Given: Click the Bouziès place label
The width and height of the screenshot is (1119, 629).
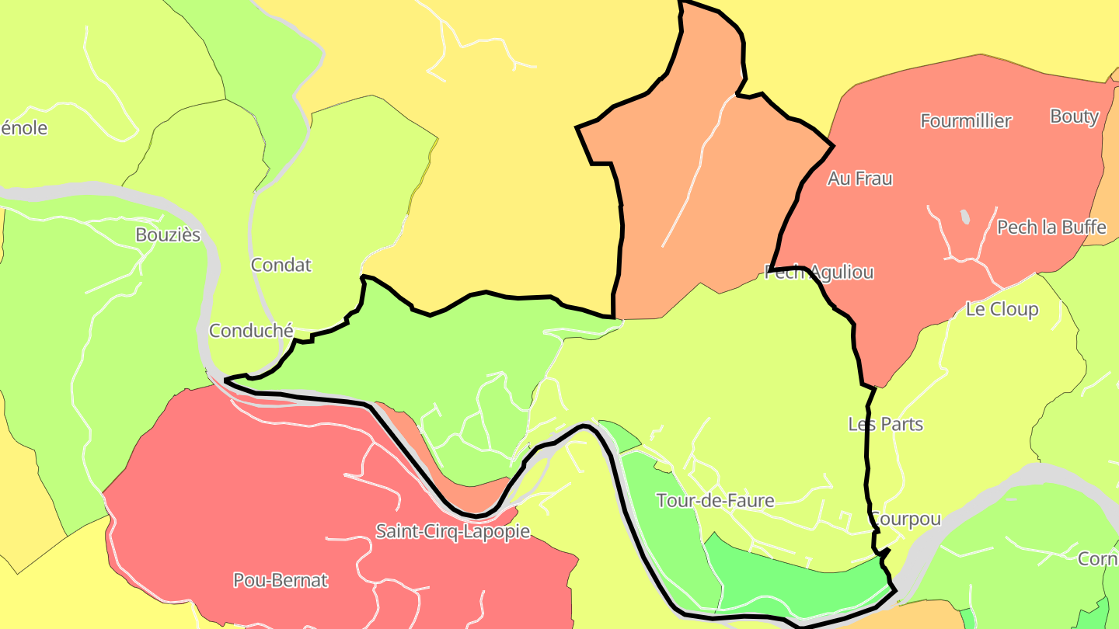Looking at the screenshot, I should pyautogui.click(x=168, y=235).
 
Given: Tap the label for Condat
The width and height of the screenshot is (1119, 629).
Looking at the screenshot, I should pyautogui.click(x=281, y=265).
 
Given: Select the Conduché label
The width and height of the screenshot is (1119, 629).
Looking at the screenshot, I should pyautogui.click(x=251, y=331).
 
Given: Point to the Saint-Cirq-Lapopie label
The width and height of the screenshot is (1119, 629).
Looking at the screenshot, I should pyautogui.click(x=452, y=531).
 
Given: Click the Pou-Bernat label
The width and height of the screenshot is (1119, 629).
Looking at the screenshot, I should pyautogui.click(x=281, y=580).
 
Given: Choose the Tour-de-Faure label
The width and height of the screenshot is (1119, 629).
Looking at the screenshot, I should pyautogui.click(x=715, y=501).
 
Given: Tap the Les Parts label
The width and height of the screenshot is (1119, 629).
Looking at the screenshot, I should pyautogui.click(x=885, y=424).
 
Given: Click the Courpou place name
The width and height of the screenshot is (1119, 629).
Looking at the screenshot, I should pyautogui.click(x=905, y=519).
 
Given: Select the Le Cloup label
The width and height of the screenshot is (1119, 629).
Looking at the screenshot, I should pyautogui.click(x=1002, y=309).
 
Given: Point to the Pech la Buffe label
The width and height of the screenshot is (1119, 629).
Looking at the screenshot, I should pyautogui.click(x=1051, y=228).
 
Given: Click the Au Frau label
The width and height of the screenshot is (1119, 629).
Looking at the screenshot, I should pyautogui.click(x=859, y=179).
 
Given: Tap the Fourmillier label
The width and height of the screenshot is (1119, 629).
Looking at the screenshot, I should pyautogui.click(x=966, y=121).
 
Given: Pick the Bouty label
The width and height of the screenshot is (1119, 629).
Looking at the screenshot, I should pyautogui.click(x=1074, y=116).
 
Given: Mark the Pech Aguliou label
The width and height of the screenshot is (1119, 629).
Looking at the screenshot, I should pyautogui.click(x=819, y=273).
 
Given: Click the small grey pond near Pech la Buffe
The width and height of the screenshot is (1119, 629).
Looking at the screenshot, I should pyautogui.click(x=965, y=217).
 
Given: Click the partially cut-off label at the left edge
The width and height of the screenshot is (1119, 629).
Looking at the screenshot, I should pyautogui.click(x=23, y=128).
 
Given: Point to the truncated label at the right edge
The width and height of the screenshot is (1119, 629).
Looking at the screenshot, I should pyautogui.click(x=1097, y=559).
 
